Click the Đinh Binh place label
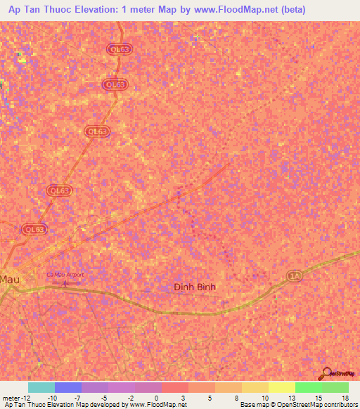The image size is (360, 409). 195,287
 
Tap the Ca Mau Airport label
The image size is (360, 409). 65,275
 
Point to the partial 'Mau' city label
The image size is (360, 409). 9,278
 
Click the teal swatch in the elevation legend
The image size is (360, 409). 41,387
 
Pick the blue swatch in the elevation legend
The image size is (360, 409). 68,387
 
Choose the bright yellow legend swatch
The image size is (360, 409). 282,387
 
